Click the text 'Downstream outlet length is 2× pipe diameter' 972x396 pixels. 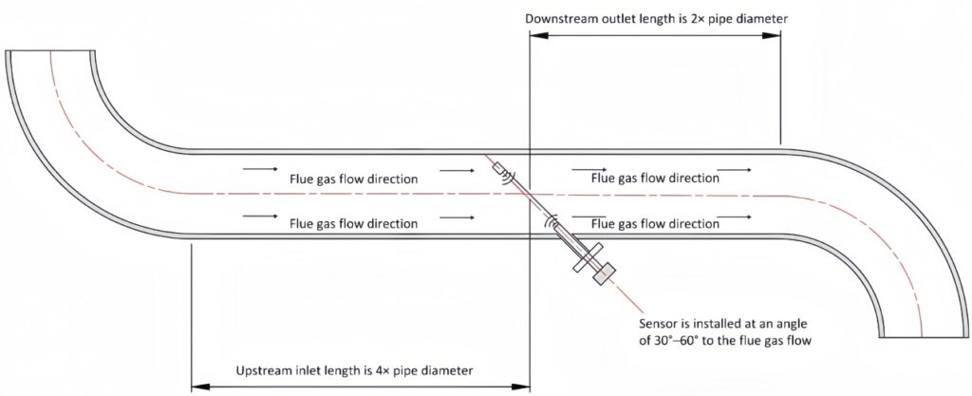point(655,18)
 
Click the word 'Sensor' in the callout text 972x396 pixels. point(660,324)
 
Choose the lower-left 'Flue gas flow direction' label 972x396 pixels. point(353,224)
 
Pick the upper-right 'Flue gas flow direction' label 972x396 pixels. point(654,177)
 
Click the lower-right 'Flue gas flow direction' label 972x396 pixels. point(654,224)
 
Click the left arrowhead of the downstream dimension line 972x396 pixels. point(534,37)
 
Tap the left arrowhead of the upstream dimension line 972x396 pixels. point(197,387)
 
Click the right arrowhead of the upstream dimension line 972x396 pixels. point(524,387)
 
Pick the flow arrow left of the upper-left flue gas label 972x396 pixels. point(259,171)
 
